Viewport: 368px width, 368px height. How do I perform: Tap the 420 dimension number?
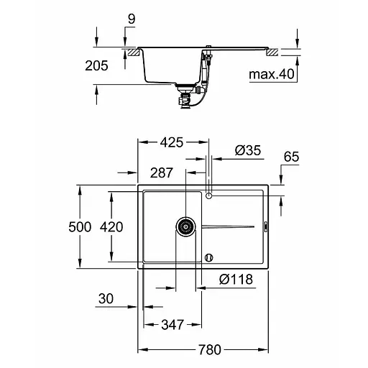coord(111,227)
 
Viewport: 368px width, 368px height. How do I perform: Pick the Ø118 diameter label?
coord(236,280)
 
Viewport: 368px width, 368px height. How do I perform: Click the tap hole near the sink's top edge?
coord(209,195)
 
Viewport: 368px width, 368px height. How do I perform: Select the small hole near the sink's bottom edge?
coord(209,257)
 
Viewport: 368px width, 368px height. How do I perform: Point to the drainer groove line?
coord(229,227)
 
